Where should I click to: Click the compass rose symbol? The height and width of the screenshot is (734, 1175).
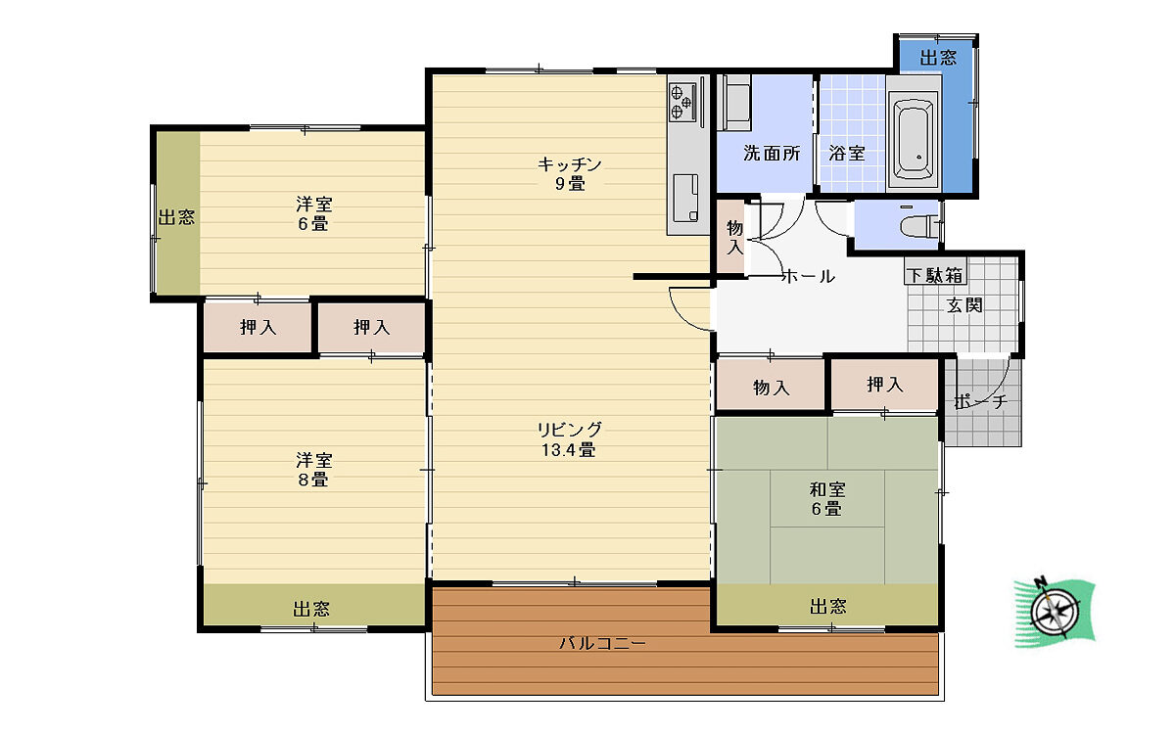1055,613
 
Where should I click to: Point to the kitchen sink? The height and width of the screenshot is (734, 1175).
685,198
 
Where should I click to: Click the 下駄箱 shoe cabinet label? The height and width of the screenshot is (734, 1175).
935,275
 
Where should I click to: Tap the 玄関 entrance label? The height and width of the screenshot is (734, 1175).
964,305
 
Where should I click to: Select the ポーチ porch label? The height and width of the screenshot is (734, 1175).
981,401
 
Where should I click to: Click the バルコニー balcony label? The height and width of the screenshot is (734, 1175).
602,643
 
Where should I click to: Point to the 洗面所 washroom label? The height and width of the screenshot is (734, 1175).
772,153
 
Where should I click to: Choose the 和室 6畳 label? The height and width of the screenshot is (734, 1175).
827,499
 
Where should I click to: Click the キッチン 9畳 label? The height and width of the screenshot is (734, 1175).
570,174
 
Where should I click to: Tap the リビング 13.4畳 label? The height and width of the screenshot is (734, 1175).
569,439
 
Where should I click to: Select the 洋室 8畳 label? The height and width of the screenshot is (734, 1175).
313,470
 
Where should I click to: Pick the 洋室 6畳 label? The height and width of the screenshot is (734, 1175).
313,213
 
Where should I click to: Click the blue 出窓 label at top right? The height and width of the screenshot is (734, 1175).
938,57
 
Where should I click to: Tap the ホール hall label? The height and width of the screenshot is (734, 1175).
809,276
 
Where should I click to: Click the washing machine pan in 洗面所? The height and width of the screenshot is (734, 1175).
736,102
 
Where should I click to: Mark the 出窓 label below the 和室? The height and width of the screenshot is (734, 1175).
828,607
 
